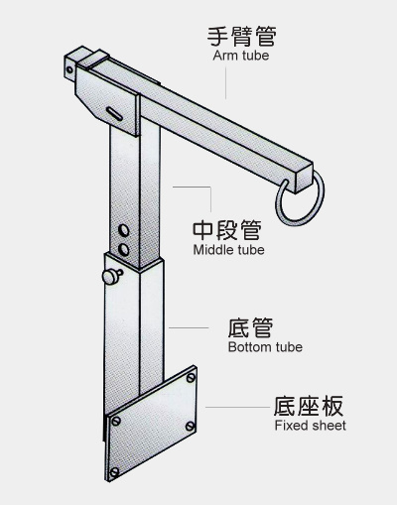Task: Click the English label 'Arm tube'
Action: pos(241,56)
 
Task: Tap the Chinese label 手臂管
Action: pos(242,36)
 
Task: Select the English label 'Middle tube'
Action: pos(228,250)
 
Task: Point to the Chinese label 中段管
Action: pos(227,229)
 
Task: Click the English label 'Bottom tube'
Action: pos(265,347)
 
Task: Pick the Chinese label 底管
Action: pos(250,327)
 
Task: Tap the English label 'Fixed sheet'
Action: pos(310,426)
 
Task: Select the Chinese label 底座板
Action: pos(309,406)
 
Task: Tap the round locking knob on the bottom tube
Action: pos(111,277)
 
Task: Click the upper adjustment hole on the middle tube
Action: pos(124,230)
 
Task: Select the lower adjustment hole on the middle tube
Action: pos(124,249)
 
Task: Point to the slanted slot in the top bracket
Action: pos(114,114)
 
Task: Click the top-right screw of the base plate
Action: pos(191,378)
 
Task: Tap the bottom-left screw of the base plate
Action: pos(114,472)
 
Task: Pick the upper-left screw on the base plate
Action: pos(116,421)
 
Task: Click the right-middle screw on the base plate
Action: pos(190,426)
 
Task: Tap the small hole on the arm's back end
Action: pos(69,69)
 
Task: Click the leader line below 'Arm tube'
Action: pos(226,83)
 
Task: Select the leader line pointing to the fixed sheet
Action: pos(238,407)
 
